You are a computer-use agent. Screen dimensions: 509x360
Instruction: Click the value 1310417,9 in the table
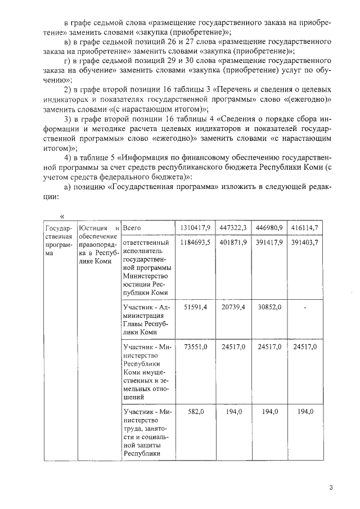click(195, 227)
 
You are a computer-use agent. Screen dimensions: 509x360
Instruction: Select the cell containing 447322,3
click(232, 227)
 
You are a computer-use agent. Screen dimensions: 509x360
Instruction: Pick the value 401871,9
click(232, 242)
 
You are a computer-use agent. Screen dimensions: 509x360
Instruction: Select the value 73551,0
click(196, 347)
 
